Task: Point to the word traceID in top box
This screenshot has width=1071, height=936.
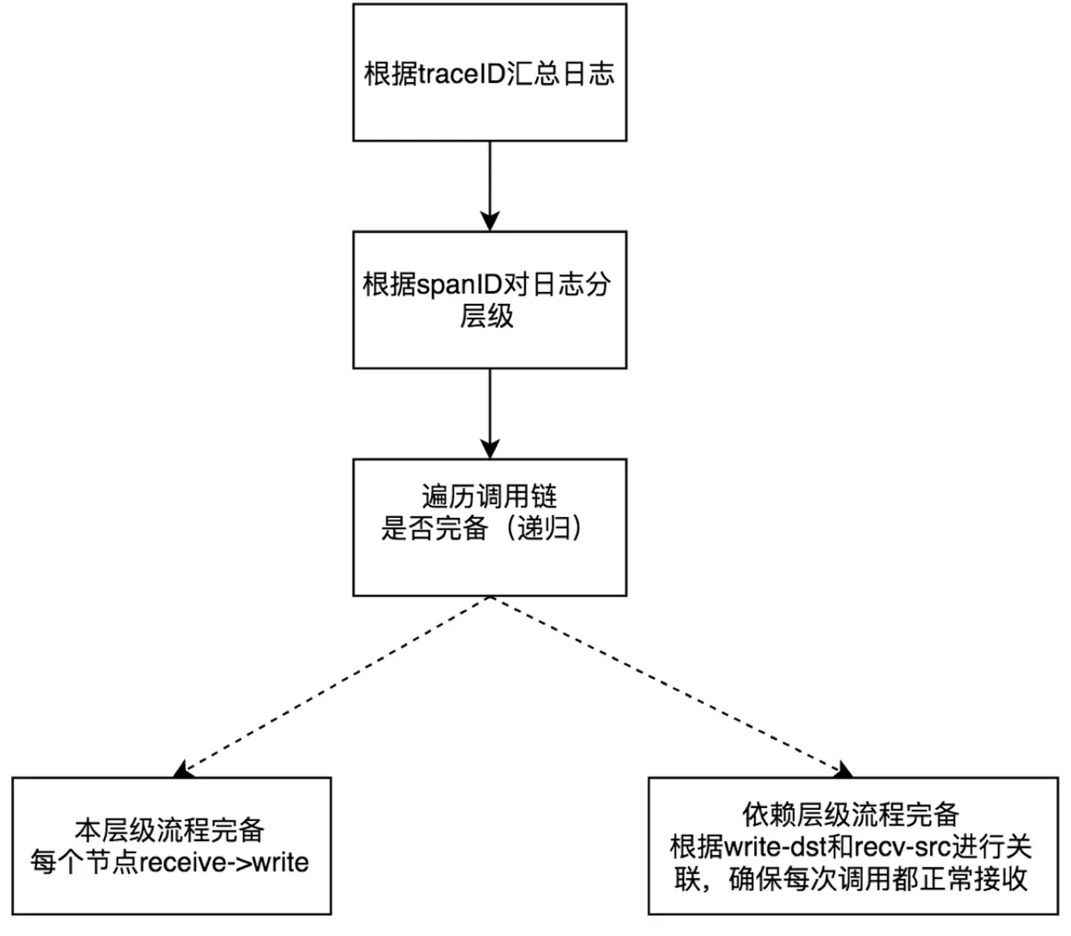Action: pyautogui.click(x=461, y=73)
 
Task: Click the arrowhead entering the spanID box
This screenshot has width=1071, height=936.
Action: pyautogui.click(x=490, y=221)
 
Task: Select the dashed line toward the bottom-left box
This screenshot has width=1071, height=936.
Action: pyautogui.click(x=337, y=682)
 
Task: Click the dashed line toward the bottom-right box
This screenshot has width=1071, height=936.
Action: pyautogui.click(x=665, y=682)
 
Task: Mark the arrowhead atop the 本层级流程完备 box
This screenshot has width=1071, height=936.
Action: pyautogui.click(x=181, y=769)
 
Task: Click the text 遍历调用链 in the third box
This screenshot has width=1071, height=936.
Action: pyautogui.click(x=489, y=496)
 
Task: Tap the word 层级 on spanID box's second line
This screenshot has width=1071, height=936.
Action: pyautogui.click(x=486, y=316)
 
